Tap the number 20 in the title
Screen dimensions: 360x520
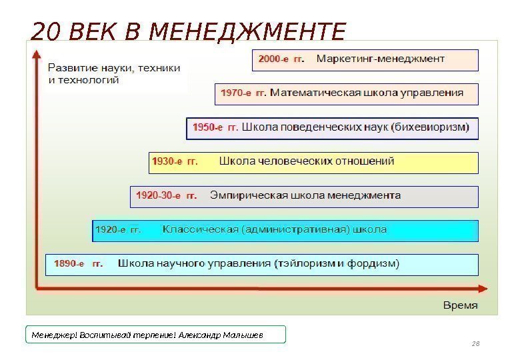(x=45, y=31)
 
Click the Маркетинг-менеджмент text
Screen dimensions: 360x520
(x=380, y=59)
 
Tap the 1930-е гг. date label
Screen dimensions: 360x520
(x=175, y=161)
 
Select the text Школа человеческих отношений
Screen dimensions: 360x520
(x=307, y=161)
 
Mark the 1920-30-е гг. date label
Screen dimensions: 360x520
(x=167, y=196)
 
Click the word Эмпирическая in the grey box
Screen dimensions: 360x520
(x=248, y=196)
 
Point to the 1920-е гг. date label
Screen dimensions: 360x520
(x=119, y=230)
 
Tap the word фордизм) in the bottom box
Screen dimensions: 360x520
(x=373, y=264)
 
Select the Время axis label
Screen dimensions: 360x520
(x=461, y=305)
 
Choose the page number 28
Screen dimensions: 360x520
(x=475, y=344)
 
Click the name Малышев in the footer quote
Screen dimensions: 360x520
(x=243, y=335)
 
